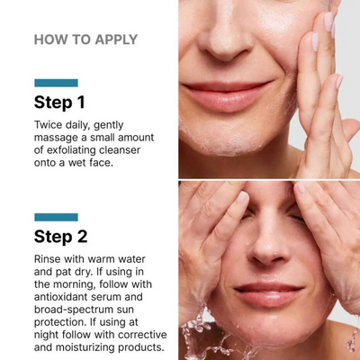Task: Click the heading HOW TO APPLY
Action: pyautogui.click(x=85, y=40)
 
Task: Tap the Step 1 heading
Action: pyautogui.click(x=59, y=102)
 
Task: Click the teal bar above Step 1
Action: pyautogui.click(x=56, y=83)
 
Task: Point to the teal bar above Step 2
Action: pyautogui.click(x=56, y=217)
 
